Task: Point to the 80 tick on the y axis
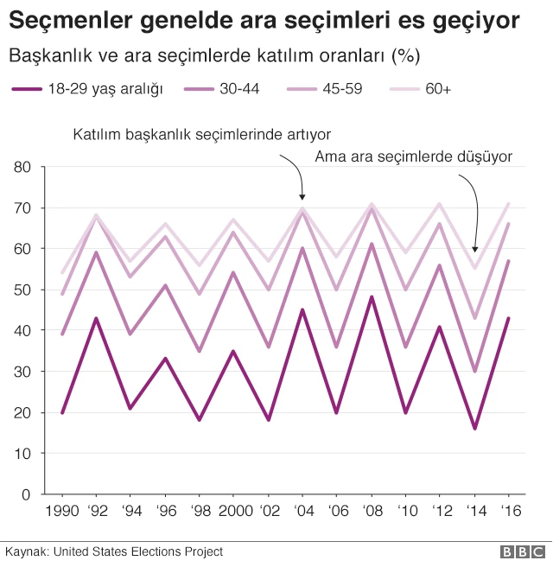(x=23, y=167)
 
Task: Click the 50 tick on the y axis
(x=23, y=290)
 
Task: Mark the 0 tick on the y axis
(x=28, y=494)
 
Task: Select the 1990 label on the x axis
(x=61, y=511)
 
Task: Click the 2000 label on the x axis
(x=233, y=511)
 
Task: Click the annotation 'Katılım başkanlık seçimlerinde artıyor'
(x=202, y=135)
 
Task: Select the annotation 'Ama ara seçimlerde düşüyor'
(x=414, y=156)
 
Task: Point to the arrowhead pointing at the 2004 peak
(x=302, y=198)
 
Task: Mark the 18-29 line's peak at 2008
(x=371, y=297)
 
